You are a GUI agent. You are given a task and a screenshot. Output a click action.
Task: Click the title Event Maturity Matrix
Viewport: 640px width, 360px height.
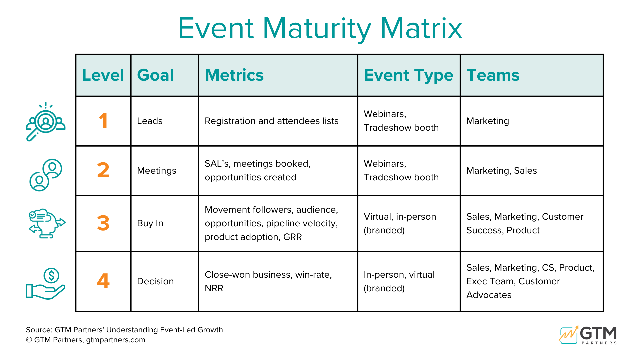click(320, 28)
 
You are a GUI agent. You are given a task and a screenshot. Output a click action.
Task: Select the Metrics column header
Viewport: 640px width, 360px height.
click(234, 75)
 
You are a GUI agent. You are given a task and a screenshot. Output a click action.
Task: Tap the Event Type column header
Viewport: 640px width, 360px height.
click(408, 75)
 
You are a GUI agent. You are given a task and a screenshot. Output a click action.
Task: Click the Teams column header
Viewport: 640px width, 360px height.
click(493, 75)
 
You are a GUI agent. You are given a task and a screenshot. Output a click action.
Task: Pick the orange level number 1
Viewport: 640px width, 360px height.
click(103, 120)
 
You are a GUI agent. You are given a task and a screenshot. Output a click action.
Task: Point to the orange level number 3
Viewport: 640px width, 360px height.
click(103, 223)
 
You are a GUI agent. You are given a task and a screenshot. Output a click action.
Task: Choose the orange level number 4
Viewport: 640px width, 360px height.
click(103, 281)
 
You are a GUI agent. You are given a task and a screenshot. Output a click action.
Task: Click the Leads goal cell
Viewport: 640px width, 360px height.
click(150, 121)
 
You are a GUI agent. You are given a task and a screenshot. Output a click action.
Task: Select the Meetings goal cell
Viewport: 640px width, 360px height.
click(156, 171)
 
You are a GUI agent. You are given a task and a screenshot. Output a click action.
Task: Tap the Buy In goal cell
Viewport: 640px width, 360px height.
click(150, 223)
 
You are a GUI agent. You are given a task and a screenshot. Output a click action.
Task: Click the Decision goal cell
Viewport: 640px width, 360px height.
click(155, 281)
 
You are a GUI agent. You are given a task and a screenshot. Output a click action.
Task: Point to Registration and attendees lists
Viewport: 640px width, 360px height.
click(271, 121)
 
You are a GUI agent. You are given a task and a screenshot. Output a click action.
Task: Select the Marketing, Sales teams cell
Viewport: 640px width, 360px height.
click(501, 171)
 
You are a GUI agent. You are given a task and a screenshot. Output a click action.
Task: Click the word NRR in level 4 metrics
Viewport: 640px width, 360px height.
click(214, 288)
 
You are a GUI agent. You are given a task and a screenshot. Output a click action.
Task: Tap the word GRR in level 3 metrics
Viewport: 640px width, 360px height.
click(292, 237)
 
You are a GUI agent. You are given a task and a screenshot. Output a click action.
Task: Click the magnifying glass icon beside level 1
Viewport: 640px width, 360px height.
click(45, 121)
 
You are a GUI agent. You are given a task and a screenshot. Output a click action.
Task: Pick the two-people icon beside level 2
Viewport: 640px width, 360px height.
click(46, 175)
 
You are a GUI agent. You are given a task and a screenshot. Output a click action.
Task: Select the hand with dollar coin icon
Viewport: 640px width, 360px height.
click(46, 284)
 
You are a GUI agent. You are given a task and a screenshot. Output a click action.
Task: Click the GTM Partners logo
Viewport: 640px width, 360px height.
click(588, 335)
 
